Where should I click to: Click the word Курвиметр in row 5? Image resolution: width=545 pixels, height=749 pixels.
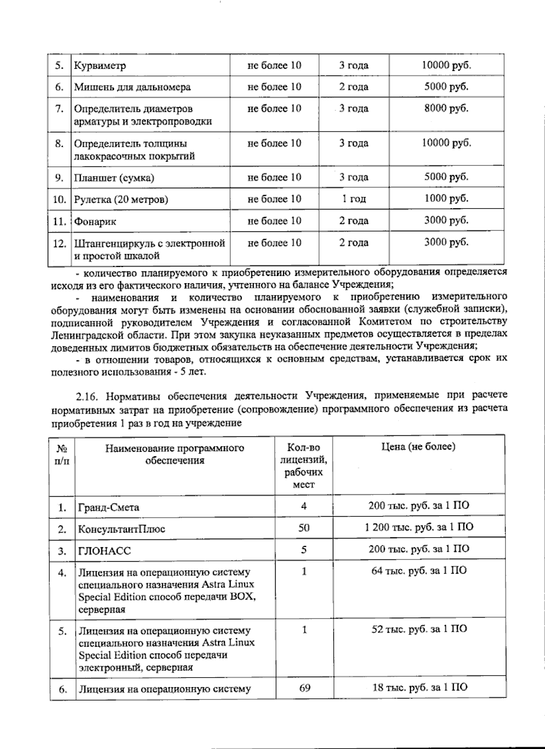[x=100, y=65]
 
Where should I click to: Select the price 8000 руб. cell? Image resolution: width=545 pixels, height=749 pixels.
[x=446, y=108]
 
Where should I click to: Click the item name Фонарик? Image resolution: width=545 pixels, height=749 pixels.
[x=95, y=222]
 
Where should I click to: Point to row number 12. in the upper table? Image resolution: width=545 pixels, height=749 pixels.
[x=59, y=244]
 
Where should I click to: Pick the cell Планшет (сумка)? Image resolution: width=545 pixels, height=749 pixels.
[x=114, y=178]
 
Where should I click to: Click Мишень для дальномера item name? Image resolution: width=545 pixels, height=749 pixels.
[x=132, y=87]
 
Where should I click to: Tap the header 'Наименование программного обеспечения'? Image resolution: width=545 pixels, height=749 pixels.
[x=174, y=454]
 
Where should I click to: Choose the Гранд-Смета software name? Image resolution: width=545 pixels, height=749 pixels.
[x=109, y=507]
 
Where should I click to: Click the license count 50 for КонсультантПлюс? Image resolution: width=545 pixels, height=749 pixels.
[x=304, y=528]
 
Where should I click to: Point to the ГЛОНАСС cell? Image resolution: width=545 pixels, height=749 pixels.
[x=104, y=551]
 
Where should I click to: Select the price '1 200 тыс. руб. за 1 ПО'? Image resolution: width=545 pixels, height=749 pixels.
[x=419, y=527]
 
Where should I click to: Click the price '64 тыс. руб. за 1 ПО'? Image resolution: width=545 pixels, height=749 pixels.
[x=419, y=571]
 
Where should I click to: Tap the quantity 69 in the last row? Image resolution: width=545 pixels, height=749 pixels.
[x=305, y=688]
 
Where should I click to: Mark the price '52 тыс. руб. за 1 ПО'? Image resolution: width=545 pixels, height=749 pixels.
[x=419, y=629]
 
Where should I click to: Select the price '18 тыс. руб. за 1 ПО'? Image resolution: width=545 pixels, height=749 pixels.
[x=419, y=687]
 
